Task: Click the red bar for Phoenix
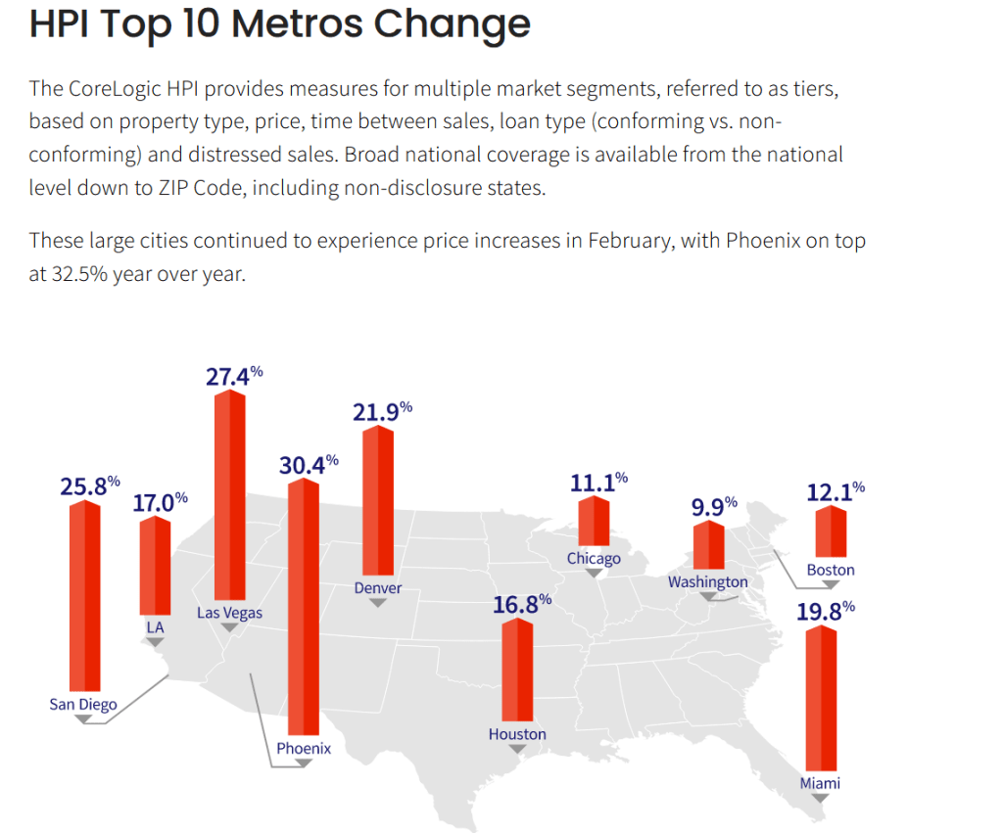303,607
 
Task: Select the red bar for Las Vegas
229,494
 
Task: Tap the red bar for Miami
821,699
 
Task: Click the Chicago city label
594,558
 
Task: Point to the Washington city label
707,581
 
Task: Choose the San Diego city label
83,704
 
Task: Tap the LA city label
155,625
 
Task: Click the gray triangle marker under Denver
378,603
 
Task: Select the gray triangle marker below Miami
821,798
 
